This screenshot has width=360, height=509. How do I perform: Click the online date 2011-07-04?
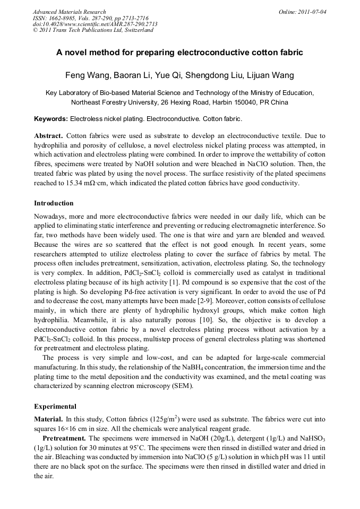(x=312, y=12)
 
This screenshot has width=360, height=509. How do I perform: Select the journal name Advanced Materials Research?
(x=69, y=12)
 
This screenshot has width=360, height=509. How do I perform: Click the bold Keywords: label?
(x=51, y=119)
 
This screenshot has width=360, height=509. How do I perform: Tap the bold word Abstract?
(x=49, y=136)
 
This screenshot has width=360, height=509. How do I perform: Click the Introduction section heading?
(x=54, y=203)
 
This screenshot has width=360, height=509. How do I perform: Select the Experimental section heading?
(x=55, y=407)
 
